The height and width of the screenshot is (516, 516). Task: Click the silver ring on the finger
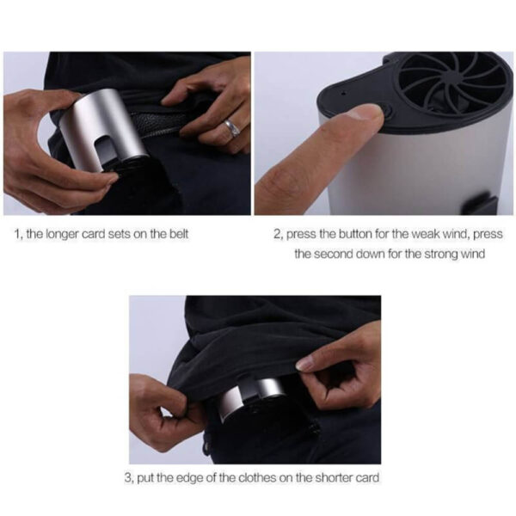point(230,127)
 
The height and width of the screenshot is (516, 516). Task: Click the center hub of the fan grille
point(452,80)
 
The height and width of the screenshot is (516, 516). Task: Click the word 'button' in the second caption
point(365,234)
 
